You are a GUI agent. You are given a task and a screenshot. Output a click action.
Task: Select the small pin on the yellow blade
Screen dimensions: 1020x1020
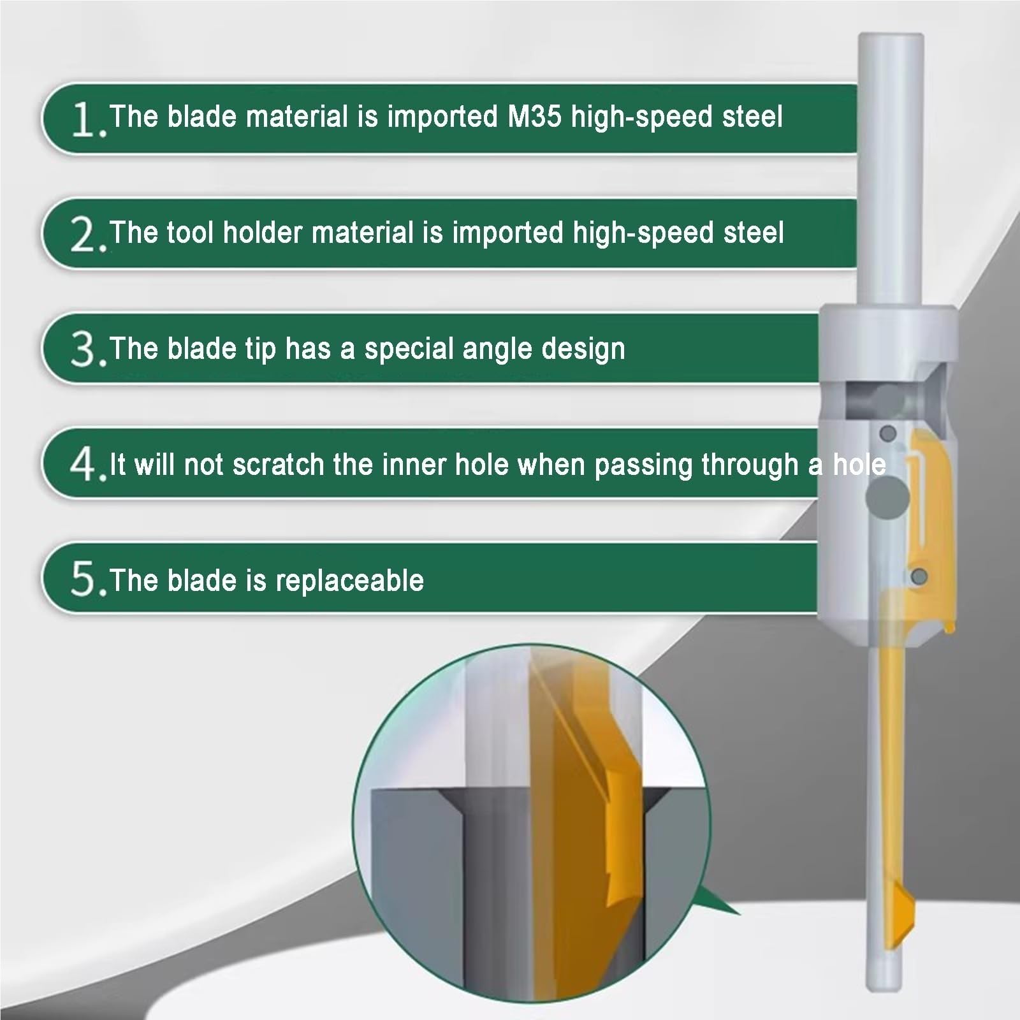click(919, 576)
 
